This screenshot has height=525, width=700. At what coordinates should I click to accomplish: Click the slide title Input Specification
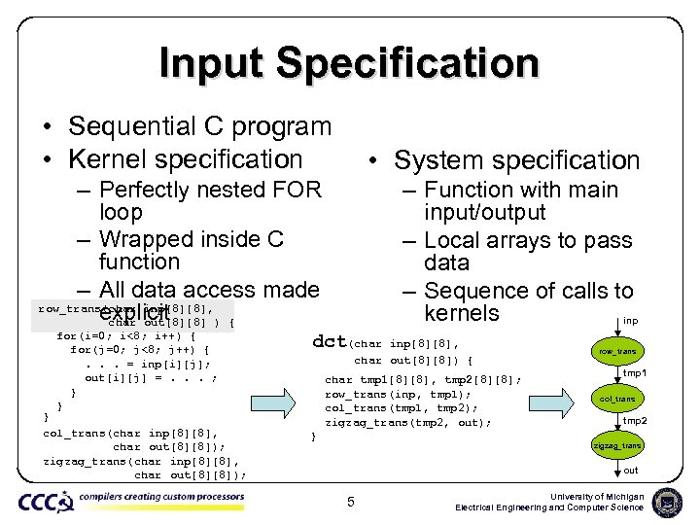point(349,63)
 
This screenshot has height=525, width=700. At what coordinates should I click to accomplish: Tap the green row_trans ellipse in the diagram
point(617,350)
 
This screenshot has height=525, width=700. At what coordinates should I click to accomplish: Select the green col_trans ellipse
point(617,398)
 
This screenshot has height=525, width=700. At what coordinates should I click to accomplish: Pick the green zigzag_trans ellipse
point(617,445)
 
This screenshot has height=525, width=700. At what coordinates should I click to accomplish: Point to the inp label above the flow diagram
point(630,320)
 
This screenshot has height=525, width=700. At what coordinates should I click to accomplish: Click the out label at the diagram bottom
point(630,471)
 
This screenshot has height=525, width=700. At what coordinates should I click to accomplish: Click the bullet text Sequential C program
point(199,126)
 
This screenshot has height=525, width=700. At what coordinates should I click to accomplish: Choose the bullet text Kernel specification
point(186,158)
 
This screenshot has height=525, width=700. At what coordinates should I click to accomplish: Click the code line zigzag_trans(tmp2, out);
point(407,422)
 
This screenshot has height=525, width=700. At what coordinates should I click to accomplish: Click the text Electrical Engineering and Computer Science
point(549,507)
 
